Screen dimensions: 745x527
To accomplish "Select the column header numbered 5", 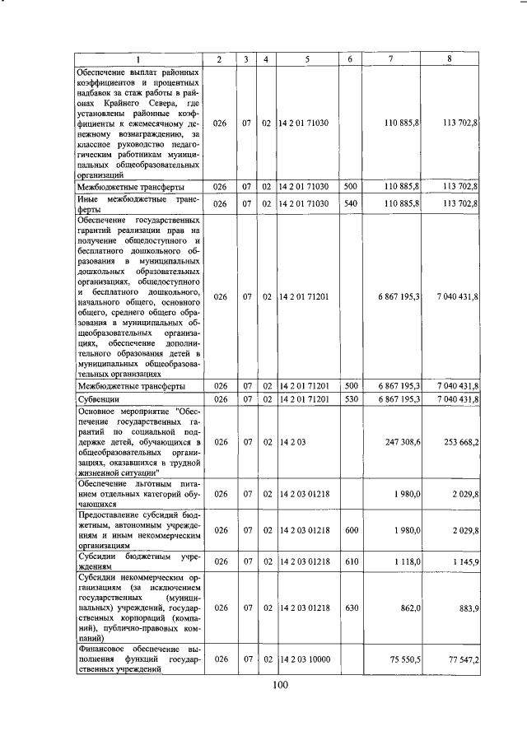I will pos(305,59).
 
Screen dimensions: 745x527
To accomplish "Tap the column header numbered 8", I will pos(449,59).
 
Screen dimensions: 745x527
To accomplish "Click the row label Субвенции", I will pos(101,399).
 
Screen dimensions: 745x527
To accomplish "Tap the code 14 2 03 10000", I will pos(305,659).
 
